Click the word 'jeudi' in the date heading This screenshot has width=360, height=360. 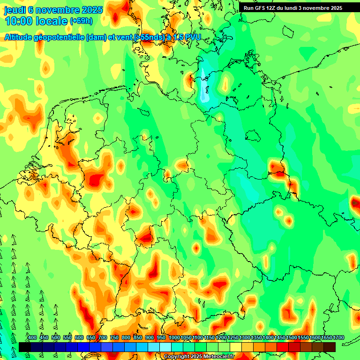15,9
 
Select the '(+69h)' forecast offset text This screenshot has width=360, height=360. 81,21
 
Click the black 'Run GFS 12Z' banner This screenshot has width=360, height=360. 293,8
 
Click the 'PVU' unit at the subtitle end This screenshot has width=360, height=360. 191,37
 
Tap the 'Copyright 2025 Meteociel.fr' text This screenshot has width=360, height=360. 199,357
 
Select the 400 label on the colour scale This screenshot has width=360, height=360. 32,337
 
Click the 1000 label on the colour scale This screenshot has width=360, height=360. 174,337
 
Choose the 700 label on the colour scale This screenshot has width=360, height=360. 103,337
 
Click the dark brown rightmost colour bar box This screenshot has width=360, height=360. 330,347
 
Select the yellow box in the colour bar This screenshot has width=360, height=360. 236,347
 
